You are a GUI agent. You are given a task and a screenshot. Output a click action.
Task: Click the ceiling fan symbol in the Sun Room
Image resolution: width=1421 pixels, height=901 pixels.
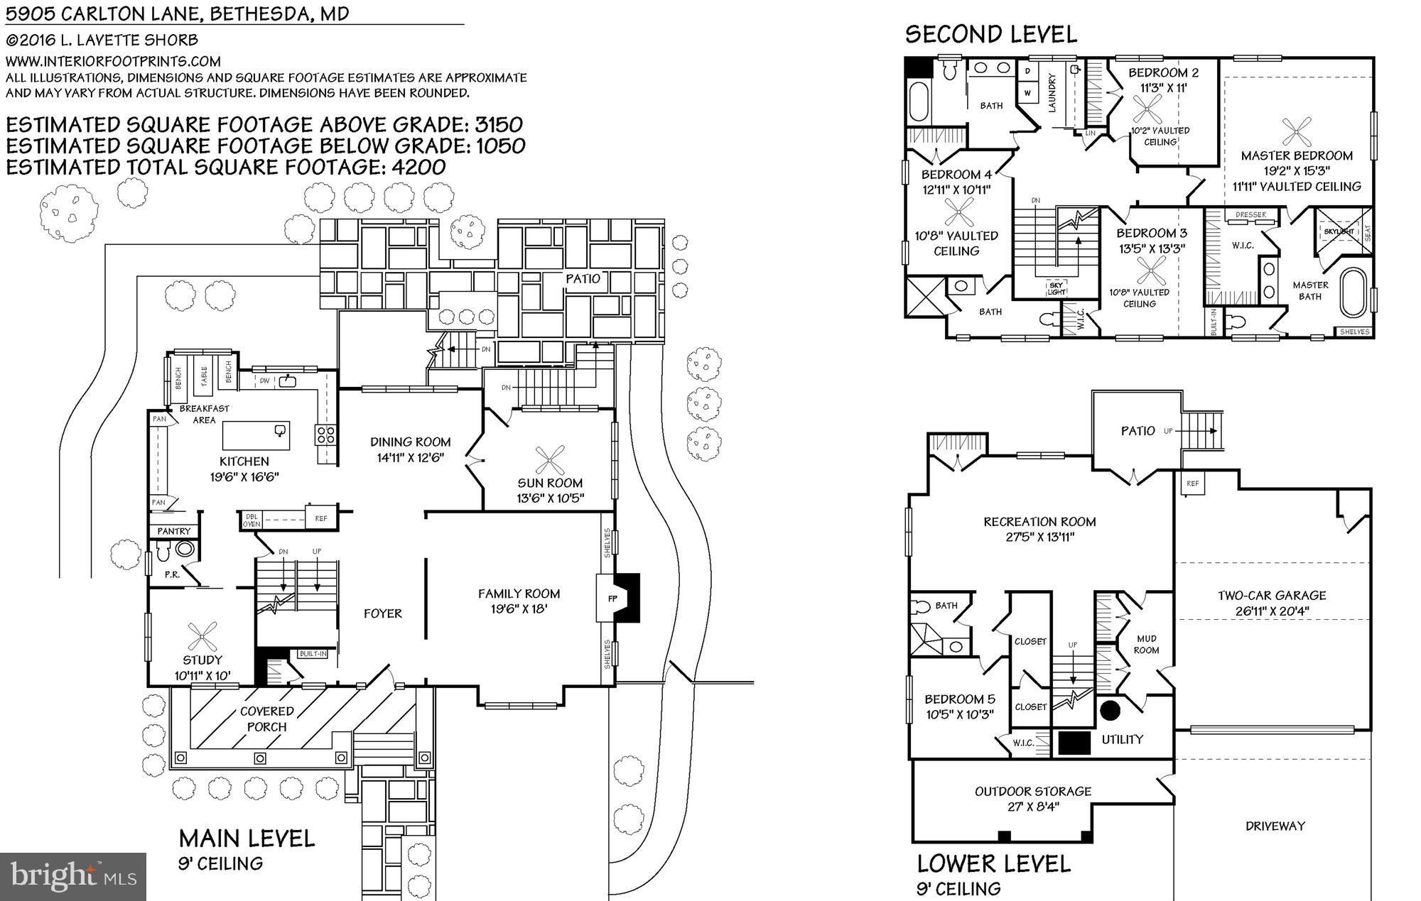550,460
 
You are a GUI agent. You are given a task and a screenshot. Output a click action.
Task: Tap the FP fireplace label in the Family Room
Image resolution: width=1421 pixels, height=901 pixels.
612,599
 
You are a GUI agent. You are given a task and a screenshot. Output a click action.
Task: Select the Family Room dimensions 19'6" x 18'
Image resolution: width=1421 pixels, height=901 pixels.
519,608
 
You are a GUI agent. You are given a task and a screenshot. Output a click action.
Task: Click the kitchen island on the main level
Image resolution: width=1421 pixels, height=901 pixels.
256,435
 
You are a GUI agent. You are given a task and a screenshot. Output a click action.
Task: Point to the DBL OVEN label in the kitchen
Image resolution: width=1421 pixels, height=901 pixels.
252,520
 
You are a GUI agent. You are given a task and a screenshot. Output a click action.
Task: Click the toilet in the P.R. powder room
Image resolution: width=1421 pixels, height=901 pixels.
163,549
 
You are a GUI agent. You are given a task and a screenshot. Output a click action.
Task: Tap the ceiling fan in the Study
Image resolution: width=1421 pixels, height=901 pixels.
202,636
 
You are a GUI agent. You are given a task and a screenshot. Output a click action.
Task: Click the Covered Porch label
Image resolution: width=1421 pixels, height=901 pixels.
266,719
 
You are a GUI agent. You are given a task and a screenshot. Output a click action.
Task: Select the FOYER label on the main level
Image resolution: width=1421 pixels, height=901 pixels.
383,613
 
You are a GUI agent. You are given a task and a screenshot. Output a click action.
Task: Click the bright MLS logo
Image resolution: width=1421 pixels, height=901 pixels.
73,876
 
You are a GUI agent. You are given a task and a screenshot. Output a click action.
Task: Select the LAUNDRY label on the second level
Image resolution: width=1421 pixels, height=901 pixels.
1052,93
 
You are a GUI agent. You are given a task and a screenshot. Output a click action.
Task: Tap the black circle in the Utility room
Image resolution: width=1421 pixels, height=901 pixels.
1110,709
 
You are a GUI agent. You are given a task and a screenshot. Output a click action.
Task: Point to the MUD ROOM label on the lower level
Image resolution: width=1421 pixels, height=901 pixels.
1146,644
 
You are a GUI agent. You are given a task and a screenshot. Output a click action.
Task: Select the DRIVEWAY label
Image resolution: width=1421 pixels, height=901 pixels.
1275,826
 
